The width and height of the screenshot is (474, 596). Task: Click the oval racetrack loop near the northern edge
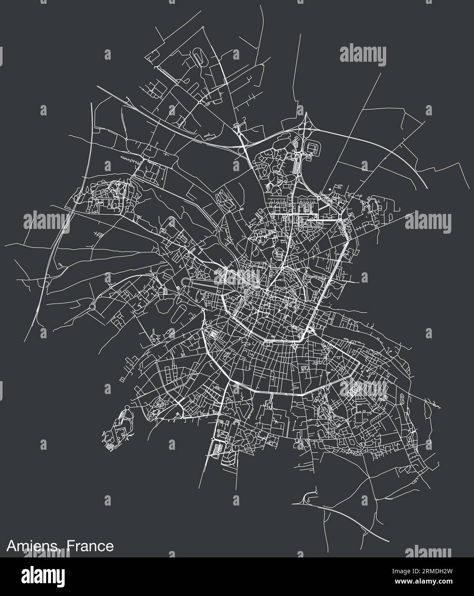click(x=199, y=56)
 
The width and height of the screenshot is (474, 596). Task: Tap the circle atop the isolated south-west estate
click(x=127, y=407)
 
